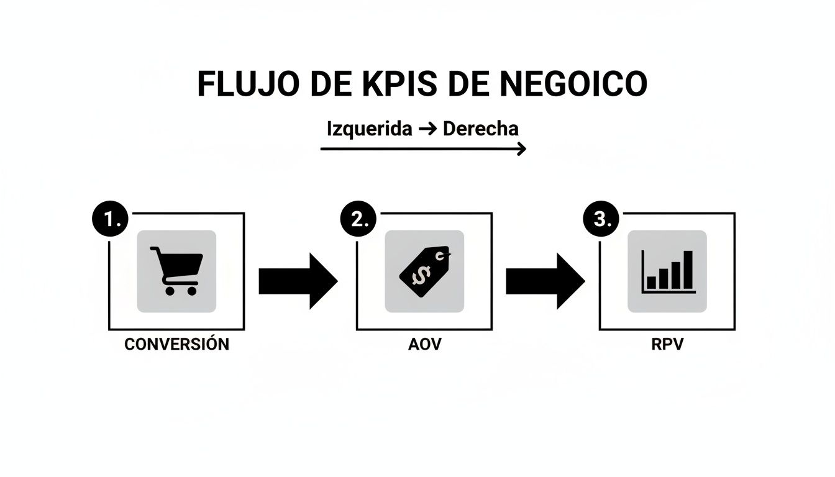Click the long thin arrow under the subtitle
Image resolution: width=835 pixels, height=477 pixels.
[422, 149]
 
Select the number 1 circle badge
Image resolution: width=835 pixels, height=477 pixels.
[110, 220]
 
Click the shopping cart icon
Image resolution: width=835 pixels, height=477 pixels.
[176, 270]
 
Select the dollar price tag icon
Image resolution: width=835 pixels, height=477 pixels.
[424, 270]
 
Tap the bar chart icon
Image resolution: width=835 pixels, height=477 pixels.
[668, 271]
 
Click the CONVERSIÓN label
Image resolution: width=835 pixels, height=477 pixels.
[176, 344]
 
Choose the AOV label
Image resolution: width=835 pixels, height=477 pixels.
[424, 344]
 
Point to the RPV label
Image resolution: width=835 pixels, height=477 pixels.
[667, 344]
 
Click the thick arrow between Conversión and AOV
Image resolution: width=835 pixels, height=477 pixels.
[298, 281]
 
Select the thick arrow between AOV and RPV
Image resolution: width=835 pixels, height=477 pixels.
[545, 281]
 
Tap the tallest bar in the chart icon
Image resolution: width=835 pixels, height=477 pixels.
[688, 270]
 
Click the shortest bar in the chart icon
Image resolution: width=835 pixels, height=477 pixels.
[651, 283]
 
